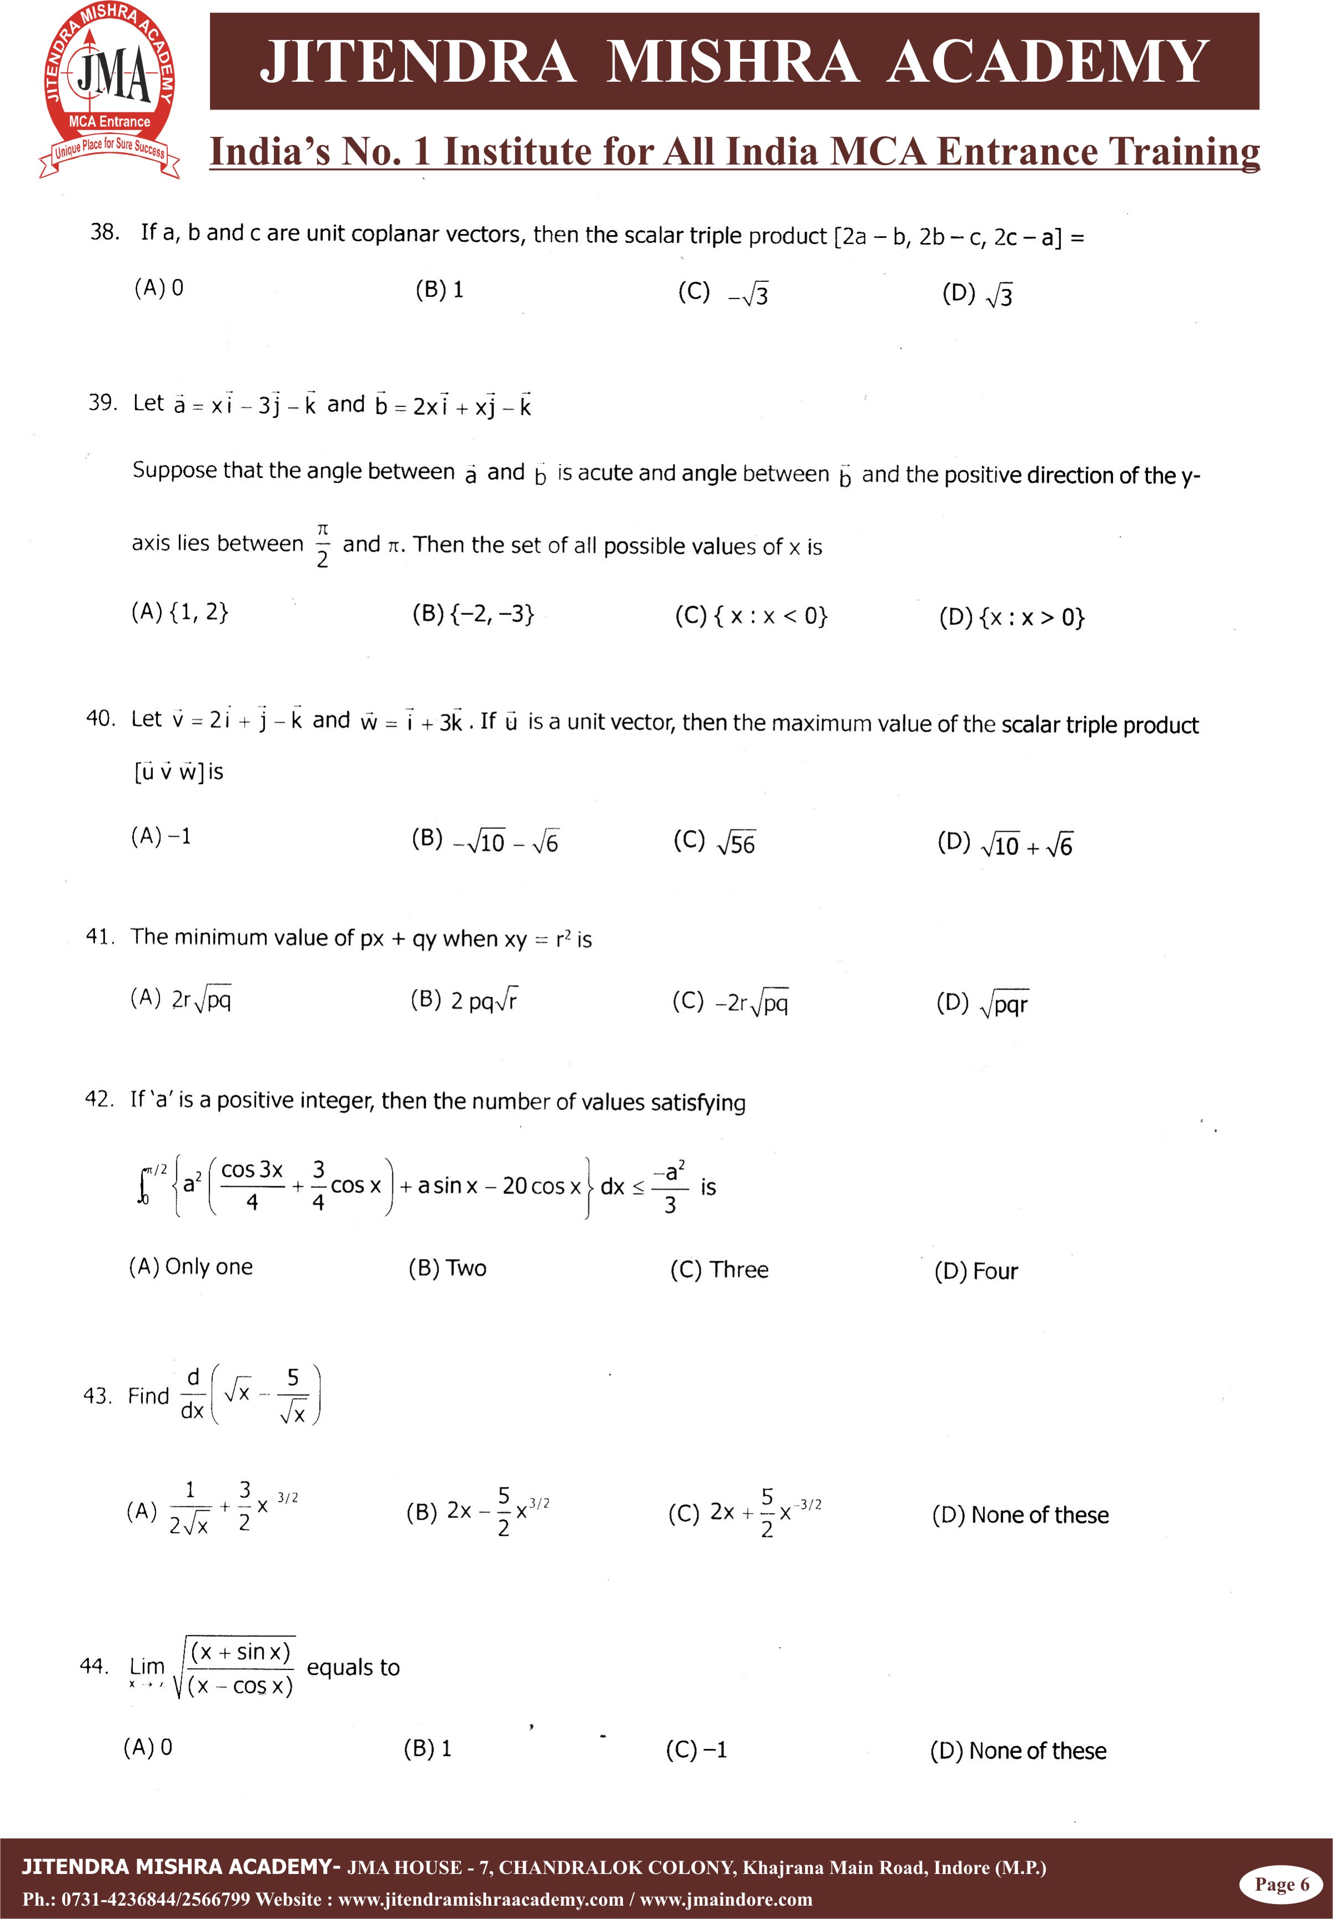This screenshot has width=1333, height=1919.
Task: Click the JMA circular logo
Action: [110, 90]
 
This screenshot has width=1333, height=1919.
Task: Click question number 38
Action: [104, 232]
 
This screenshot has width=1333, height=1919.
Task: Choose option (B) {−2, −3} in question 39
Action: [473, 614]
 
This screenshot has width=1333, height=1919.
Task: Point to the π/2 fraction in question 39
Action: [322, 545]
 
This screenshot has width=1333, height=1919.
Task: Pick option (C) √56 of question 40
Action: [714, 842]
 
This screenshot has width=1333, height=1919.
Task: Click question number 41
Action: [99, 937]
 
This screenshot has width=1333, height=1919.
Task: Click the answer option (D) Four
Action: [976, 1271]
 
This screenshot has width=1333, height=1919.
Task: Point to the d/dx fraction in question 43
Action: [192, 1394]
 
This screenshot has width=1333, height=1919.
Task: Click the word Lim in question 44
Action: [147, 1667]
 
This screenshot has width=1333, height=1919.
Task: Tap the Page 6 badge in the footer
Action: [1282, 1884]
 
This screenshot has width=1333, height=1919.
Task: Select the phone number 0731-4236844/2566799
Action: [156, 1900]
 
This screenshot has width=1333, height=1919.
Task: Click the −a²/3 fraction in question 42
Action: [670, 1186]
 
